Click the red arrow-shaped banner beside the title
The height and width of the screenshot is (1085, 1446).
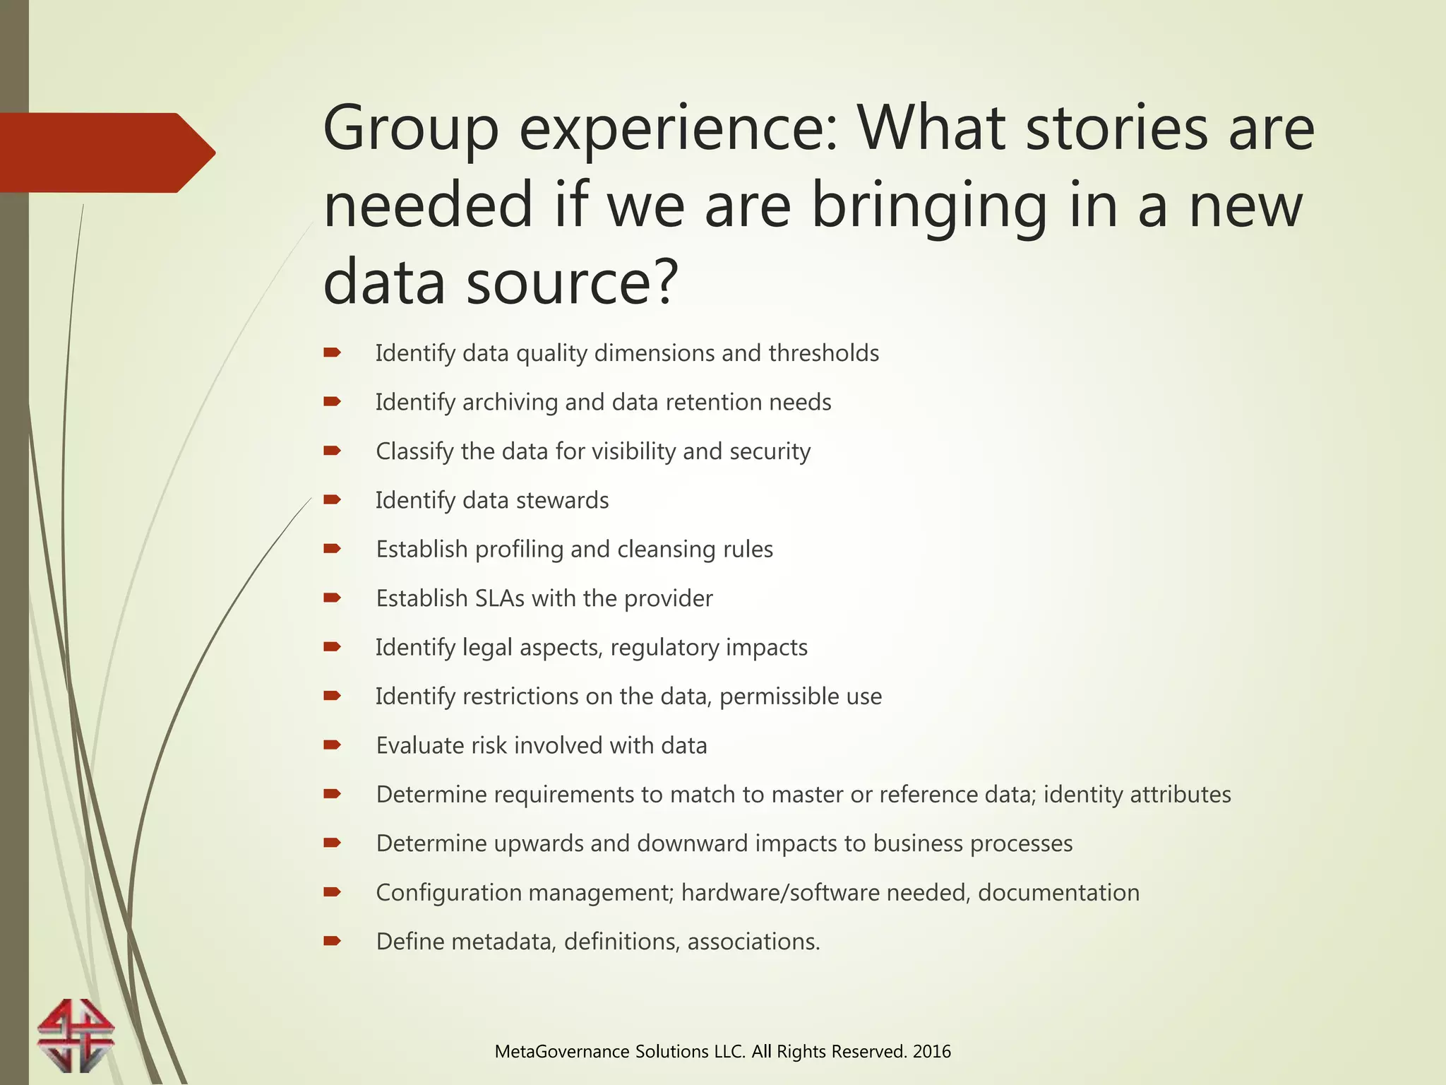(x=106, y=153)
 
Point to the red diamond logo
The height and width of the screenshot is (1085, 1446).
(x=76, y=1035)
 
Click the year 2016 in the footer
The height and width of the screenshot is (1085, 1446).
(x=931, y=1051)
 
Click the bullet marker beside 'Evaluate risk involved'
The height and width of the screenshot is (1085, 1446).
(x=332, y=745)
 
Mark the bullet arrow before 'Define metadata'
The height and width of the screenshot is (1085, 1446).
(x=332, y=941)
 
